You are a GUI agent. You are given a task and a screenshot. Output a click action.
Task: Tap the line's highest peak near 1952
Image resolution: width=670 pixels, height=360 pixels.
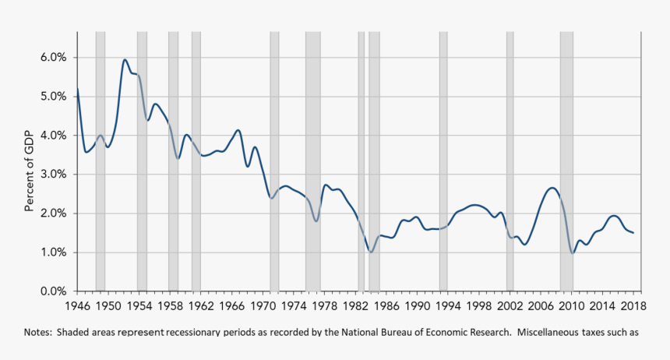(x=125, y=59)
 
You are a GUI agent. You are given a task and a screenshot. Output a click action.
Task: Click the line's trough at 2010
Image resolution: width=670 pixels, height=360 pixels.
(x=573, y=252)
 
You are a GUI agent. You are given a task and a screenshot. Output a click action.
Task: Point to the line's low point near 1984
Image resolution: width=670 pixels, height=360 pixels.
(x=372, y=252)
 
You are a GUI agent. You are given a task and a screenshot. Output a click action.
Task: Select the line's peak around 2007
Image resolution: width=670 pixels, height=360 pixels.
(x=552, y=188)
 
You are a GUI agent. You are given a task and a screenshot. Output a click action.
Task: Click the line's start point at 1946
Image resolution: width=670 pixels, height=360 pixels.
(x=77, y=88)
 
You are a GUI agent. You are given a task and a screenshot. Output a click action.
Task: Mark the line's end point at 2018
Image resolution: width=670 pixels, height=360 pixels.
(x=633, y=233)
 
